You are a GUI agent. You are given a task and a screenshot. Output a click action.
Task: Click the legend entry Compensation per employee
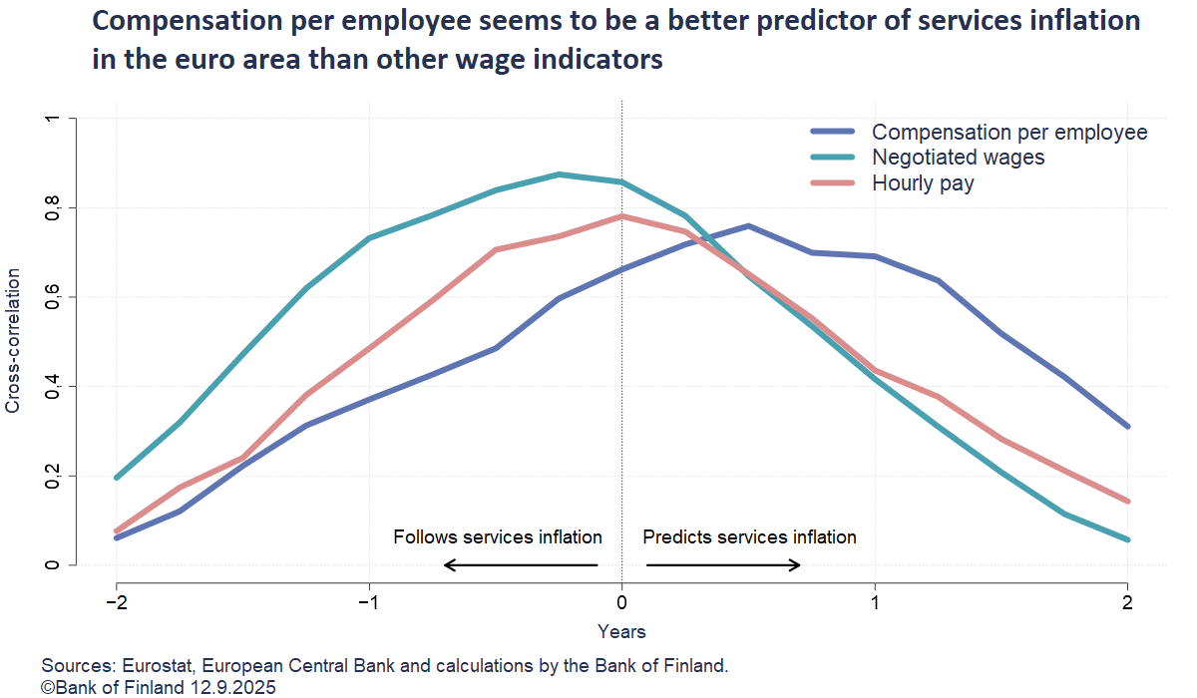(1009, 132)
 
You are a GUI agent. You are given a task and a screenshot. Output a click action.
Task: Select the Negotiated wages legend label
(959, 158)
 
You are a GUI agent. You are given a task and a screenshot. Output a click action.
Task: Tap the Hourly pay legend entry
(923, 183)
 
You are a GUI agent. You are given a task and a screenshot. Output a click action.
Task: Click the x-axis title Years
(621, 631)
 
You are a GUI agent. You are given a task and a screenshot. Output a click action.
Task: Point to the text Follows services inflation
(497, 537)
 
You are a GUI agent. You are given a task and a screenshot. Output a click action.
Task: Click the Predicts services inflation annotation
(749, 537)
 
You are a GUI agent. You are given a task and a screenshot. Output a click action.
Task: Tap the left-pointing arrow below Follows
(520, 565)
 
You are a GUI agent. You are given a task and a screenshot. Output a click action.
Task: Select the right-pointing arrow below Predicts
(723, 565)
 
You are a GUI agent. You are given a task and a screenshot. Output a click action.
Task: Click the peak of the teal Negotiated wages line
(560, 174)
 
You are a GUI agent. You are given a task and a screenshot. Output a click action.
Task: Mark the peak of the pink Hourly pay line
(621, 216)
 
